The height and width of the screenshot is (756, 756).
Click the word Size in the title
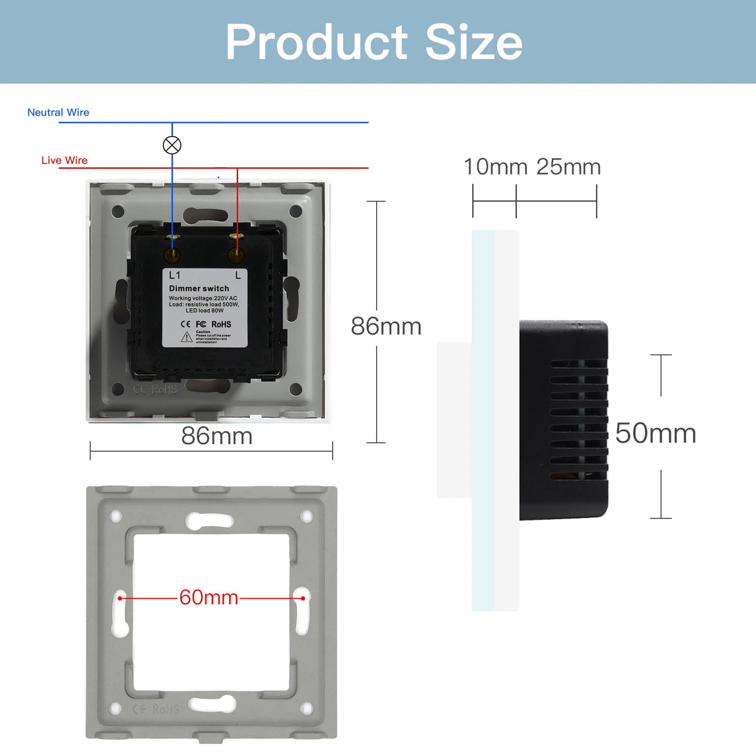(x=474, y=43)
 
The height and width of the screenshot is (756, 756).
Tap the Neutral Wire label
(x=58, y=112)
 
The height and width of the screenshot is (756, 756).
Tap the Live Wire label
(x=64, y=160)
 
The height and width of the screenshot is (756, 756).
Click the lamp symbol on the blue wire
(x=172, y=145)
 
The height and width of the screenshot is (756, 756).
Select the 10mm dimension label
(x=495, y=167)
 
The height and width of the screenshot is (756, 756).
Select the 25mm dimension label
(x=568, y=167)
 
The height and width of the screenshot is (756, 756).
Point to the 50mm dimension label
(x=655, y=433)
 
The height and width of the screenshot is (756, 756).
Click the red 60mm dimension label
(x=209, y=597)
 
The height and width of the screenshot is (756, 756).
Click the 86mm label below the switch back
(x=217, y=436)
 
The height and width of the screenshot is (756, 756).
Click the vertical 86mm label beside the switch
(x=386, y=326)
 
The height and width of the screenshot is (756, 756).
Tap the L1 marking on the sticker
(x=175, y=275)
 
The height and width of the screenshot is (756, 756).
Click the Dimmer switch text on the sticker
(x=199, y=289)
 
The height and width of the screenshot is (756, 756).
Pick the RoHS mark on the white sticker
(x=221, y=324)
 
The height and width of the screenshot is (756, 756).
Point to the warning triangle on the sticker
(x=187, y=337)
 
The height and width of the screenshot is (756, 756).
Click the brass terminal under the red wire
(x=236, y=254)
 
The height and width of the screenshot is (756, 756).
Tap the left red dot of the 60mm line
(x=120, y=598)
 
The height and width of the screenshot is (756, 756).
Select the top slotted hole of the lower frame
(x=210, y=520)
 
